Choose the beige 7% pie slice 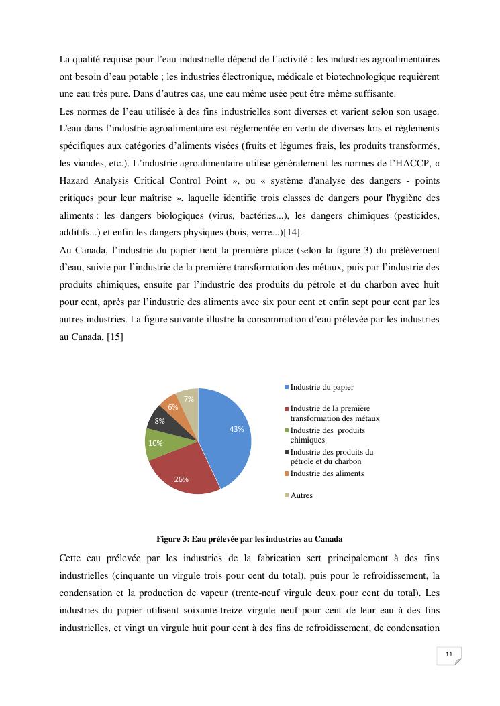[x=189, y=399]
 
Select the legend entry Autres [x=301, y=495]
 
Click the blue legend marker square [x=287, y=387]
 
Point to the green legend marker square [x=287, y=430]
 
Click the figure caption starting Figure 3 [x=250, y=539]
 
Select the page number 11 [x=448, y=654]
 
